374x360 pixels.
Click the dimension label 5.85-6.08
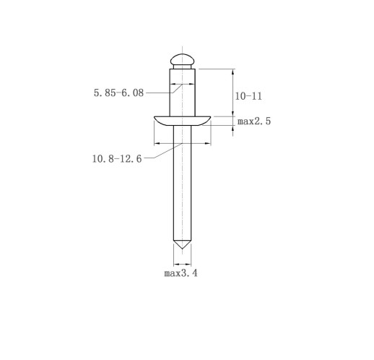click(x=118, y=93)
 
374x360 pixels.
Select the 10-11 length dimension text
click(x=248, y=96)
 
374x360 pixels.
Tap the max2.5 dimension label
click(x=254, y=121)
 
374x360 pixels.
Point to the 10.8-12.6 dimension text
click(x=117, y=159)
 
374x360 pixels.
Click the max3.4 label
click(x=181, y=273)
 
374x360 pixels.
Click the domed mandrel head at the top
click(x=182, y=59)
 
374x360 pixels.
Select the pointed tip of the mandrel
click(x=182, y=249)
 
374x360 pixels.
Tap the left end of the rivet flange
click(x=155, y=117)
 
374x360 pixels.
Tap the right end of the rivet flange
click(x=210, y=117)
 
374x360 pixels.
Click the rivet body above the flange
click(x=182, y=93)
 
